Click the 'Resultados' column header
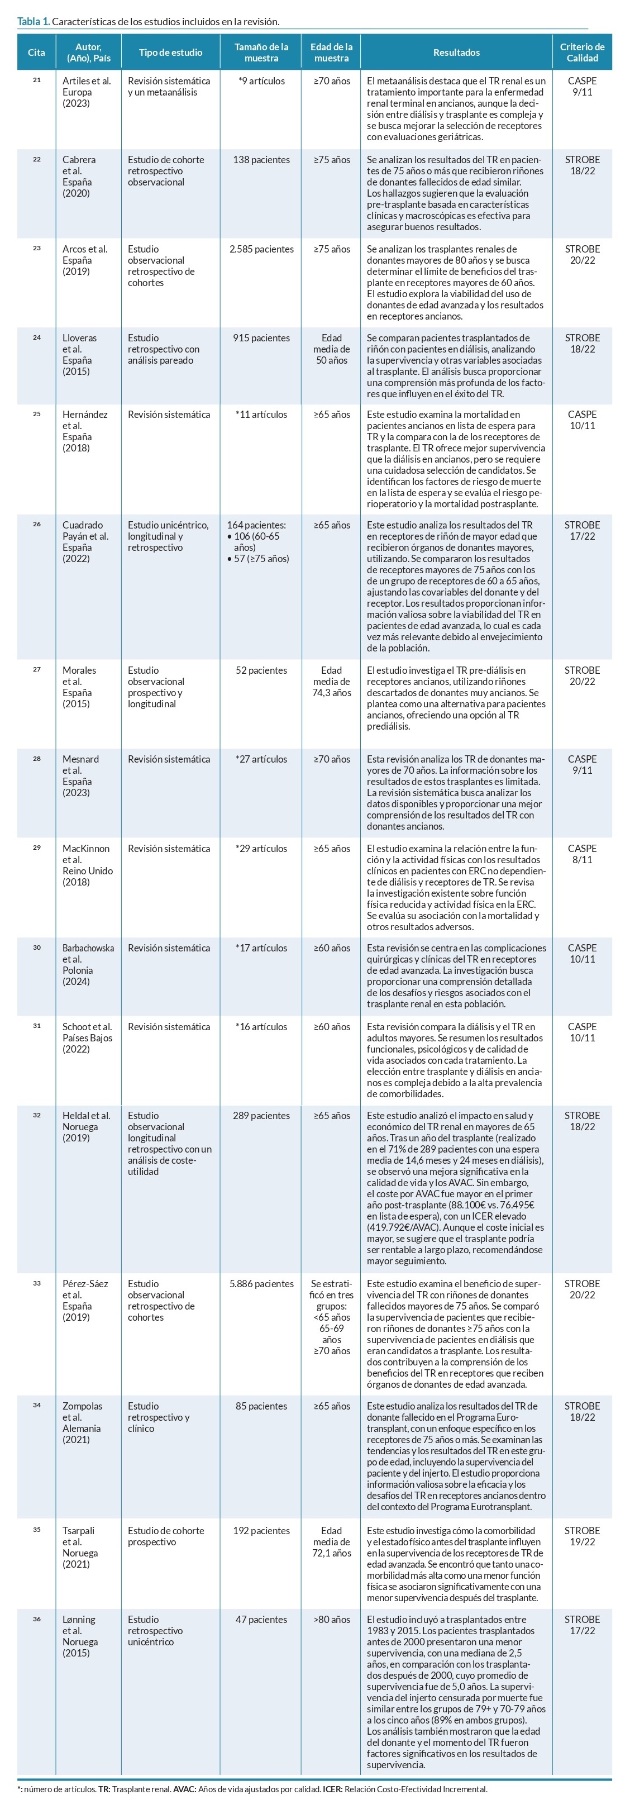(456, 53)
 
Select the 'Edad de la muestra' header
(332, 53)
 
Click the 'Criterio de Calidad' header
(581, 53)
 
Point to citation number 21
(36, 80)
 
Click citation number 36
(36, 1618)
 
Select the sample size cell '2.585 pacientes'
(261, 249)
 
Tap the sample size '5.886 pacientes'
(261, 1284)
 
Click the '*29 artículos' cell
(261, 848)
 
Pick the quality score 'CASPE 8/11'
(581, 854)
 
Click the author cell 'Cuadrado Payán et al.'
(85, 541)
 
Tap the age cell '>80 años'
(332, 1620)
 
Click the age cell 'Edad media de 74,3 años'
(332, 681)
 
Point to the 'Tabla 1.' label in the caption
(33, 22)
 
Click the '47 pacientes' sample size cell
(261, 1620)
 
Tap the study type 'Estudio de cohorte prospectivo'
(166, 1536)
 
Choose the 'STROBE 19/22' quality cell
(581, 1536)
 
